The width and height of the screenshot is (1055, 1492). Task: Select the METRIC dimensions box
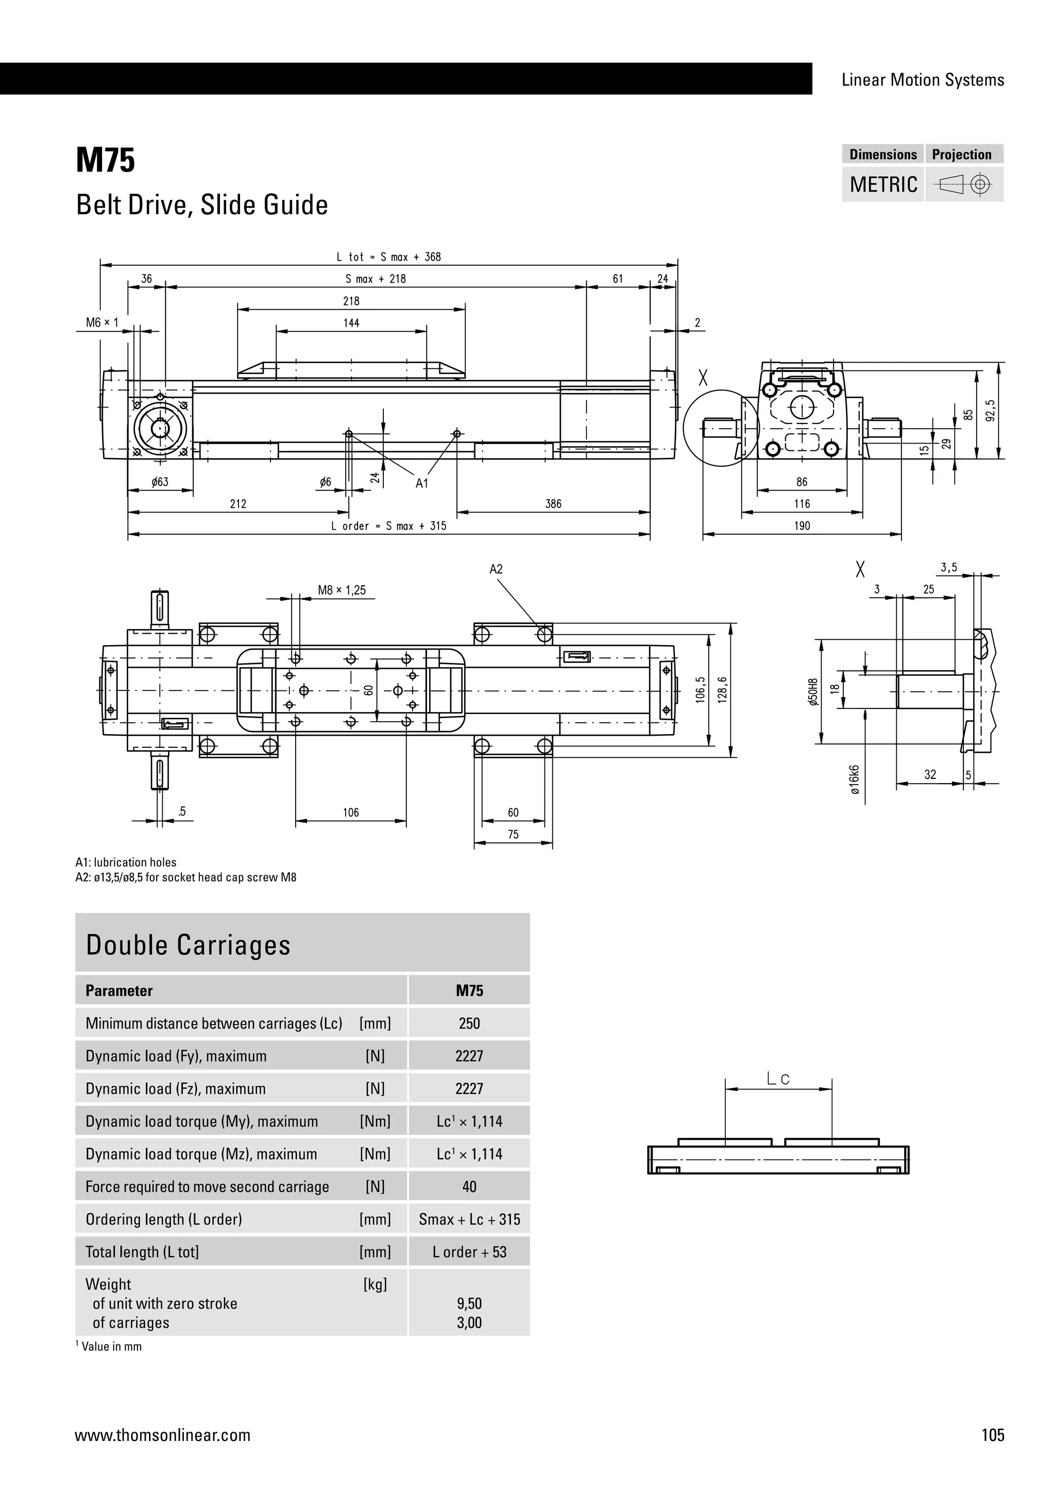coord(883,184)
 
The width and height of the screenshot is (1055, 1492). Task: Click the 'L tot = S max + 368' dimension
coord(388,257)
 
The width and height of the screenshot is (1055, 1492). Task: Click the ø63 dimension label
coord(160,482)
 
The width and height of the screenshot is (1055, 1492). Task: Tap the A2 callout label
coord(496,569)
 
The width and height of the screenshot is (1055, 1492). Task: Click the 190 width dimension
coord(802,525)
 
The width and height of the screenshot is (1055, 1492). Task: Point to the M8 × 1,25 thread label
coord(342,590)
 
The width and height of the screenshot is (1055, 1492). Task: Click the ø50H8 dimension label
coord(813,693)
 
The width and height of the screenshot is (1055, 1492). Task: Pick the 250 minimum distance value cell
coord(469,1024)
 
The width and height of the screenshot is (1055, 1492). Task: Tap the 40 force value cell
coord(469,1186)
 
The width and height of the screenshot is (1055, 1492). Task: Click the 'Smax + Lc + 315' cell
coord(469,1219)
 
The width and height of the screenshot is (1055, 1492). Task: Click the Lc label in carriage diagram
coord(778,1079)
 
